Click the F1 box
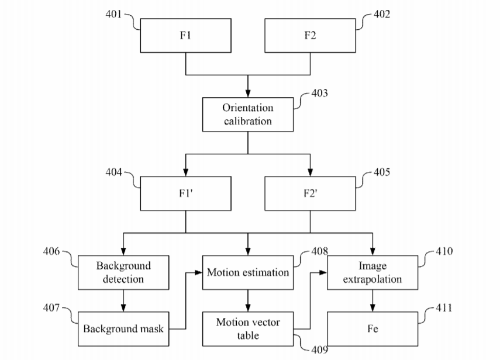coord(185,36)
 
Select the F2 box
coord(310,36)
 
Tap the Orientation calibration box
coord(248,115)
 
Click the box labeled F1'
coord(185,193)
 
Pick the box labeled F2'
coord(310,193)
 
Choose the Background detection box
coord(123,272)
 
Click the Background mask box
coord(123,329)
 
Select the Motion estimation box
coord(248,272)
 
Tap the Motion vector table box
coord(248,329)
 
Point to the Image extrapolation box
coord(373,272)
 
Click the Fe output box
coord(373,329)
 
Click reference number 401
coord(113,14)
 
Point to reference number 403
coord(319,93)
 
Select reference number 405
coord(382,172)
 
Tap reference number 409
coord(319,350)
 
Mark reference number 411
coord(444,308)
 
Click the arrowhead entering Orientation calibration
coord(248,93)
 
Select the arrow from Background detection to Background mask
coord(123,301)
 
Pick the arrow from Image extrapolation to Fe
coord(373,301)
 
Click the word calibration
coord(248,121)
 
